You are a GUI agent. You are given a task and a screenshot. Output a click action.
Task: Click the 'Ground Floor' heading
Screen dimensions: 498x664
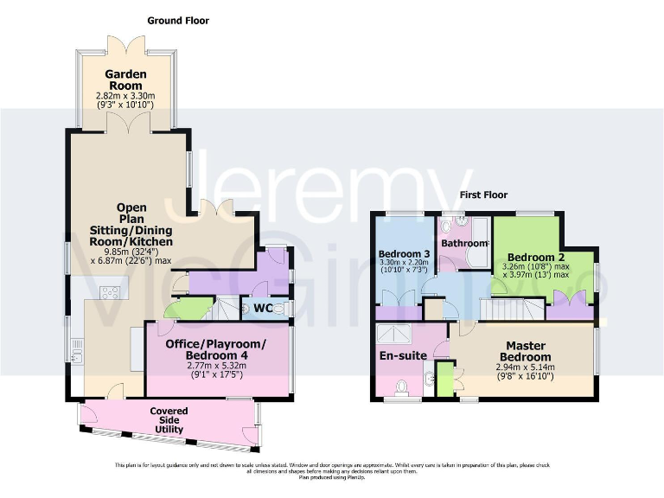click(x=178, y=20)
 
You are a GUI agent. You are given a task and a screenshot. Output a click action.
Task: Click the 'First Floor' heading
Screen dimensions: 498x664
click(x=482, y=195)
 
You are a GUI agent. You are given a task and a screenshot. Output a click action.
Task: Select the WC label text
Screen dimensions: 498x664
click(x=265, y=308)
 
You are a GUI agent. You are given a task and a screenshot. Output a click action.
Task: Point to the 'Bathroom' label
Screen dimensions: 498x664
click(x=464, y=244)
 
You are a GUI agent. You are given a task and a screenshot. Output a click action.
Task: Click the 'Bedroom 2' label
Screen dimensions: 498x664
click(x=536, y=258)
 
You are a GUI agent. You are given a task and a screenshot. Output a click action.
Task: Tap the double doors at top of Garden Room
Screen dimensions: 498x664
click(x=118, y=44)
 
